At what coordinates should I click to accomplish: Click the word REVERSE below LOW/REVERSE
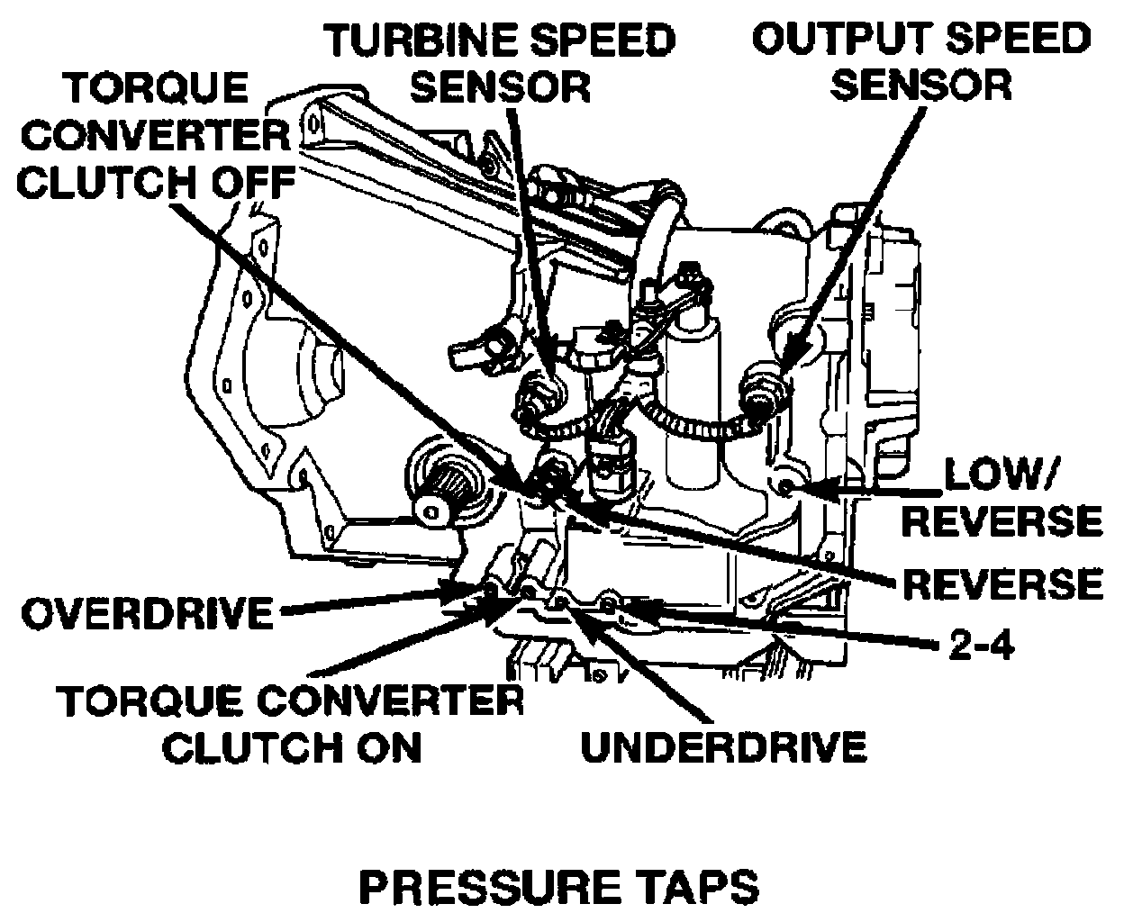click(x=1002, y=583)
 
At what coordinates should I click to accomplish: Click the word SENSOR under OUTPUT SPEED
click(x=921, y=86)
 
